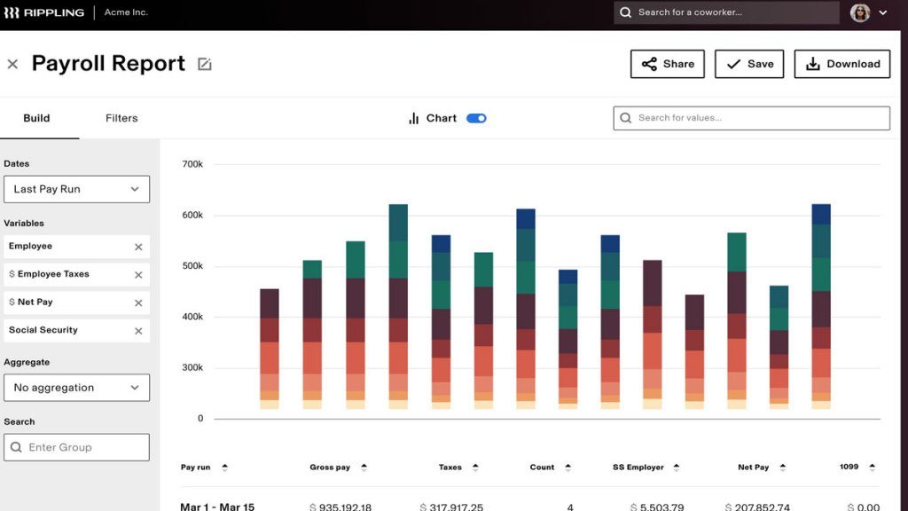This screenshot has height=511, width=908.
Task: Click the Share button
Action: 667,64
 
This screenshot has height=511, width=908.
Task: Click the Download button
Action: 841,64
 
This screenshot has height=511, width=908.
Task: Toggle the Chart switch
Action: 476,118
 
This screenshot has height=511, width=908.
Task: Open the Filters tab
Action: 121,118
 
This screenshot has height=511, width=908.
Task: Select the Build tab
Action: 36,118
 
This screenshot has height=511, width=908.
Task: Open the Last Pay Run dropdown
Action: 76,189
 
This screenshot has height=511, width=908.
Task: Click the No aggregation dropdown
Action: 76,388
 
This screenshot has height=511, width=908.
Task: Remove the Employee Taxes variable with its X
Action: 138,275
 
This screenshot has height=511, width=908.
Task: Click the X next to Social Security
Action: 138,331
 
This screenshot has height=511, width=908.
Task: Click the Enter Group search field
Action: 76,447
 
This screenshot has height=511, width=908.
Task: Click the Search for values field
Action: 751,118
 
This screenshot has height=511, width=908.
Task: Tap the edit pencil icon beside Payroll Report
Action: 205,64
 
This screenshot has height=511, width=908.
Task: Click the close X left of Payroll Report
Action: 12,64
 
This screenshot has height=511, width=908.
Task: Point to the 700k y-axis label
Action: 192,164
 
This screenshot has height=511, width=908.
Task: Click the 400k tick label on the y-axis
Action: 192,317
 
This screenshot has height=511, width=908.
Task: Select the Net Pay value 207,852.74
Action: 759,507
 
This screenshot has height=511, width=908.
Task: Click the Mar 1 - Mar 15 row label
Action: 217,507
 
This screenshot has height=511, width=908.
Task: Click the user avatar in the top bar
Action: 859,12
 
